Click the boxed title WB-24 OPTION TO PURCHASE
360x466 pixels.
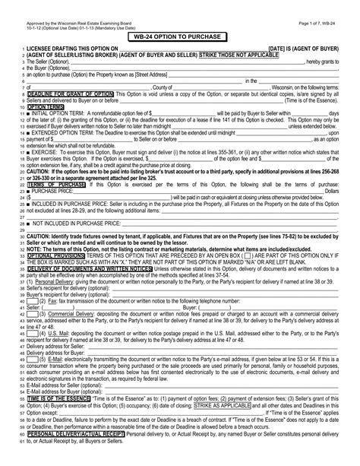click(180, 36)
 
